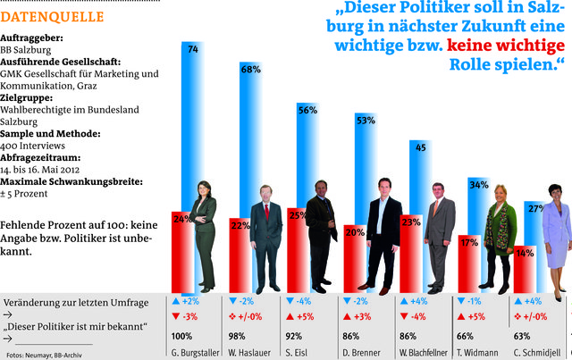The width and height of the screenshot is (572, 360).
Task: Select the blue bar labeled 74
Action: [x=193, y=107]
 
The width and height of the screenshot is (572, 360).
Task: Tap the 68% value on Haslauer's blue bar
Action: [x=251, y=69]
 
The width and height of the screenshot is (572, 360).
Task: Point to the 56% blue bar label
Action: [x=307, y=110]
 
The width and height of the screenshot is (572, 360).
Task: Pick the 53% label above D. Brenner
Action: [x=366, y=119]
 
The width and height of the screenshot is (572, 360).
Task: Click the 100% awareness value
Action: [x=181, y=336]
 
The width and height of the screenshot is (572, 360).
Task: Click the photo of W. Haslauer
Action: [x=265, y=237]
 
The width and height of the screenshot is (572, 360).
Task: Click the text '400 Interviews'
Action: [x=32, y=145]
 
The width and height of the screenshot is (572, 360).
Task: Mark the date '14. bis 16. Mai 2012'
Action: [x=45, y=168]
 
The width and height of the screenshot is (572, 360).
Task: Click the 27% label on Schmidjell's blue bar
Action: [x=536, y=208]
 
